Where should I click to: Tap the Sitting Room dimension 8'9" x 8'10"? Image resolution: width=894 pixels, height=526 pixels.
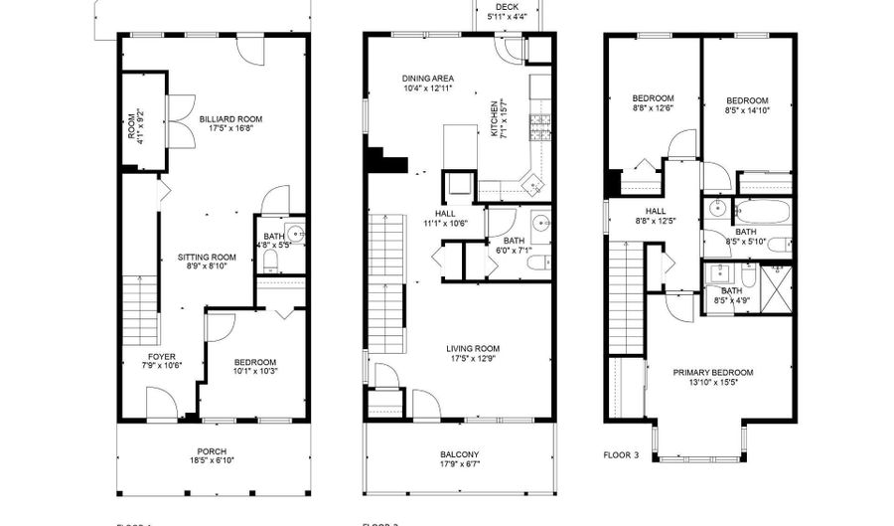point(207,265)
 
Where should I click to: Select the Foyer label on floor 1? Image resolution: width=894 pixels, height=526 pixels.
point(162,356)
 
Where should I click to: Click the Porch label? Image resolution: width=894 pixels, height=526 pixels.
point(211,449)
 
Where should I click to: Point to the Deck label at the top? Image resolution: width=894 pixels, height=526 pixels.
point(507,7)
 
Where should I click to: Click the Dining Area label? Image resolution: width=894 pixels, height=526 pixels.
point(427,79)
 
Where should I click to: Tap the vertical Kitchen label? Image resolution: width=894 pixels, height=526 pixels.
point(493,118)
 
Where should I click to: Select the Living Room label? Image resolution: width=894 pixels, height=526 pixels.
point(472,347)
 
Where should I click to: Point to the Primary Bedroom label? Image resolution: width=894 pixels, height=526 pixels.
point(712,372)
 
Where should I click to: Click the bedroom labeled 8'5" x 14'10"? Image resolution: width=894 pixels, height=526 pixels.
point(746,100)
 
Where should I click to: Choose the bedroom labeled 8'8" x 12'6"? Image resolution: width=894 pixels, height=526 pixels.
point(653,97)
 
